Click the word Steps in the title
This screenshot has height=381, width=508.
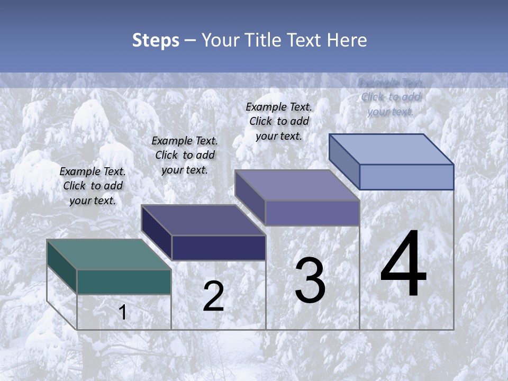click(x=156, y=40)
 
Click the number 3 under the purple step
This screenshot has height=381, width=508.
click(x=310, y=280)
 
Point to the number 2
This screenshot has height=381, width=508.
click(x=213, y=296)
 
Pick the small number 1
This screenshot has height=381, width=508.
click(x=123, y=312)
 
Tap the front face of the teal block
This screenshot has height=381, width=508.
click(x=124, y=282)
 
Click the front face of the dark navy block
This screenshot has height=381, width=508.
click(x=219, y=248)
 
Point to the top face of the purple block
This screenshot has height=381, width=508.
click(x=297, y=185)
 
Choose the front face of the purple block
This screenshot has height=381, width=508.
click(x=312, y=213)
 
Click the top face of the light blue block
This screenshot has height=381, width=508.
click(x=392, y=149)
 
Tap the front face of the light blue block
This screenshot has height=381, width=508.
click(x=406, y=177)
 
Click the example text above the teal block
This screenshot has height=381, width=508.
click(x=93, y=186)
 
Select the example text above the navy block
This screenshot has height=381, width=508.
click(x=185, y=155)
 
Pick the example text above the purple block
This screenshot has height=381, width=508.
click(x=279, y=121)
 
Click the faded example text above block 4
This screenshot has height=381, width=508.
click(x=391, y=97)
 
